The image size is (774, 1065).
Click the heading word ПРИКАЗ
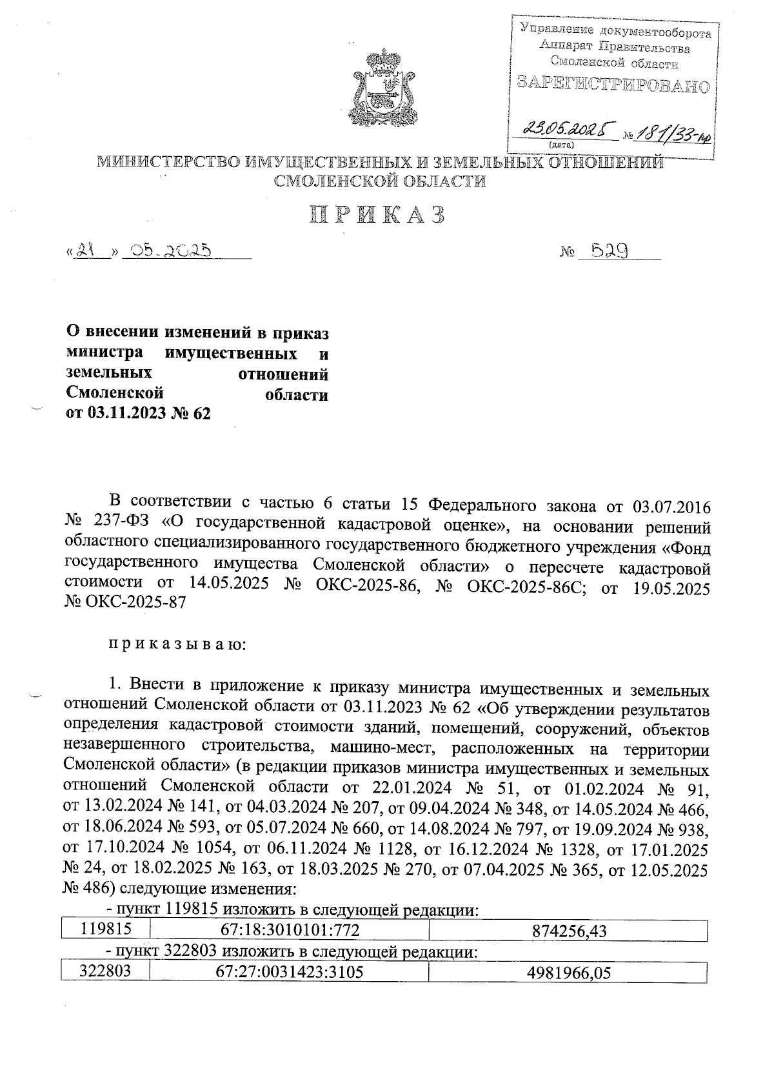(x=378, y=216)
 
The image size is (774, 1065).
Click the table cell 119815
(x=106, y=929)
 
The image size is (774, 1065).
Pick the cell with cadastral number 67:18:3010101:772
(x=288, y=929)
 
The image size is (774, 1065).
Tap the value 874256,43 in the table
(x=568, y=930)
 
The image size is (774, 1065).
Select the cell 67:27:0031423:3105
(x=288, y=972)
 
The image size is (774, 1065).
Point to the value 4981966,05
(x=568, y=973)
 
